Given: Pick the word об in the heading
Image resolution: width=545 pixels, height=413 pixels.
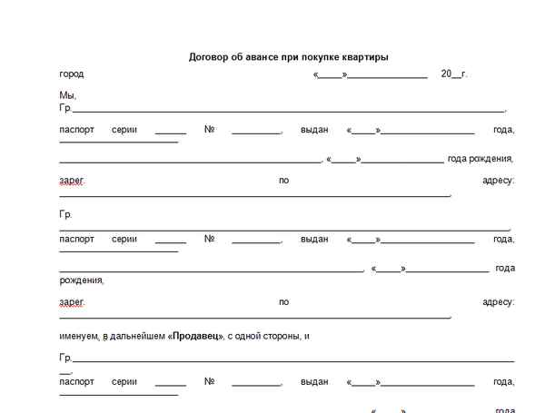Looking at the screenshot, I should [x=236, y=56].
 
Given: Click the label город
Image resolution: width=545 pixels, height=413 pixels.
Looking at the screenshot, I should [x=71, y=74].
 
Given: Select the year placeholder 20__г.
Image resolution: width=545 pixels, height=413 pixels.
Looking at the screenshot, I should [x=453, y=74].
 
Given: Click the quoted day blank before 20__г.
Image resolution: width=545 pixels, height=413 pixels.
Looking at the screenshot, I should [x=330, y=74].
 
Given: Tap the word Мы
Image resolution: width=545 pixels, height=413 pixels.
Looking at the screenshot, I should [x=67, y=95].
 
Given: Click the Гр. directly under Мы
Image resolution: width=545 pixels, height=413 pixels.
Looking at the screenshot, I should [x=65, y=108].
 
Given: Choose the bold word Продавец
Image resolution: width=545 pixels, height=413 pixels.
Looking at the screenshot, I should [x=197, y=336].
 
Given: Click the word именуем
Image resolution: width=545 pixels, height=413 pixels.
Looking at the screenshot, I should [x=79, y=336].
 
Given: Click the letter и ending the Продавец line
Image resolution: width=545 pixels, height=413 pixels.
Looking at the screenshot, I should [x=307, y=336].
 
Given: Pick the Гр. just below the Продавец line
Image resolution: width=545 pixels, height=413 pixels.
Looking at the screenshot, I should [x=65, y=359].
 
